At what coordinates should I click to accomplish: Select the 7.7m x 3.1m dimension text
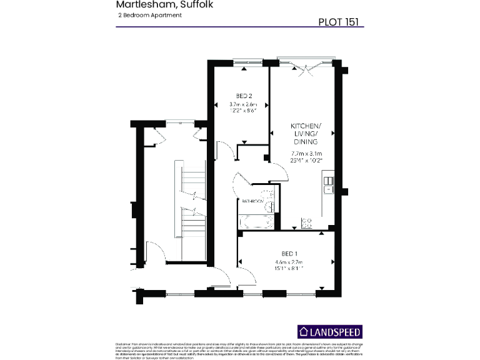point(306,153)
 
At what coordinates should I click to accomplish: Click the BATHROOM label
point(253,201)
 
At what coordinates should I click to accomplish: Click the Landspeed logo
point(329,332)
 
